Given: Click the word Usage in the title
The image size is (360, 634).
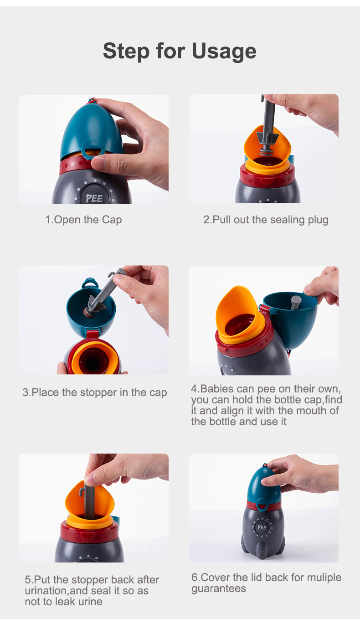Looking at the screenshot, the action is pos(224,52).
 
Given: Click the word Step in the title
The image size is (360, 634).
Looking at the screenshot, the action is pos(126,52).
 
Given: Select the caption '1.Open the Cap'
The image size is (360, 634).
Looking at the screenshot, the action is pos(84,220).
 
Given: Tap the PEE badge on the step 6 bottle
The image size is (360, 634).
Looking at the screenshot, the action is pos(262,527).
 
